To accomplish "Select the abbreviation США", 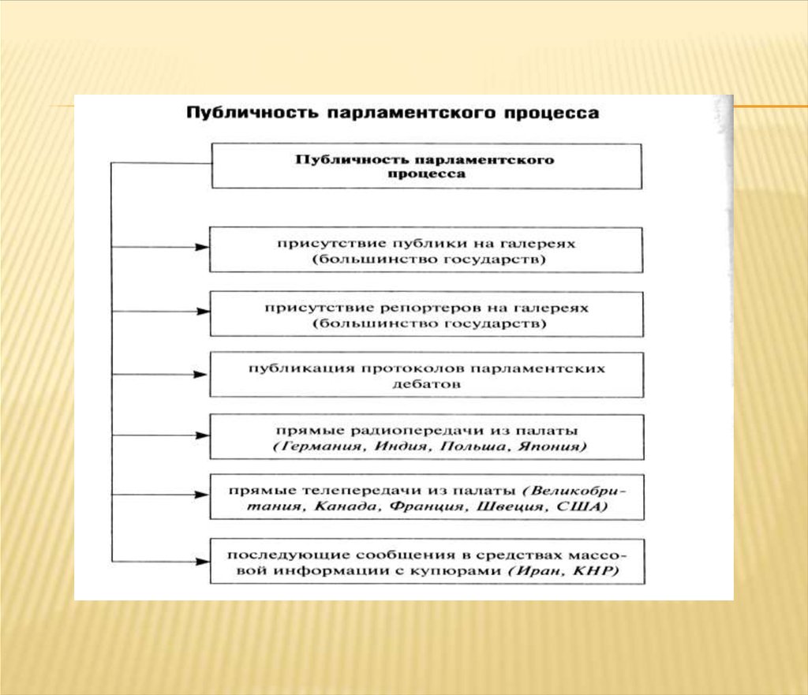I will click(565, 508).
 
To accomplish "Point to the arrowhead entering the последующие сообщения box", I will click(203, 561).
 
